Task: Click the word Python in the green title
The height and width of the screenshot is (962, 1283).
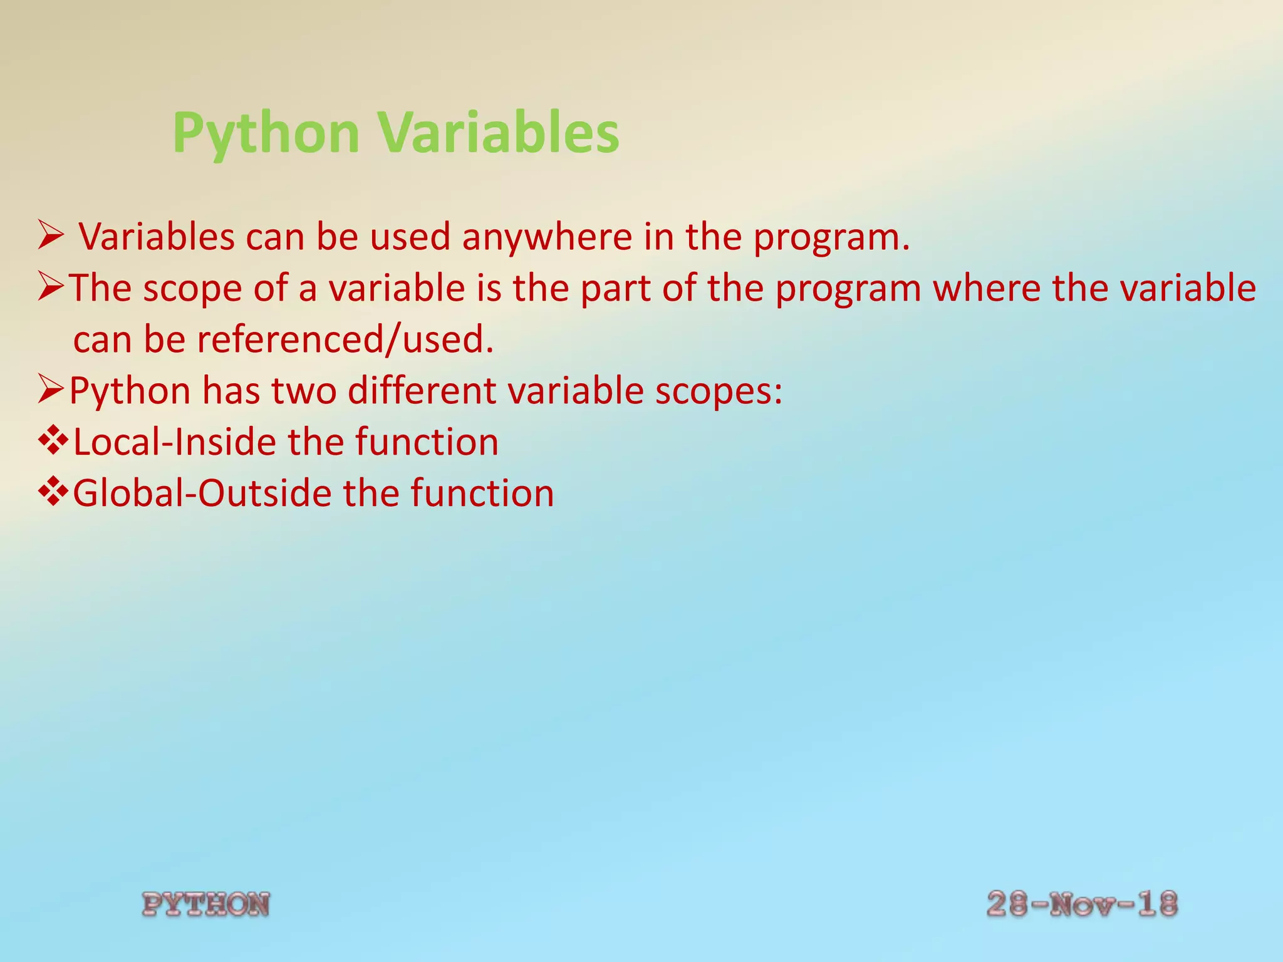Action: (266, 133)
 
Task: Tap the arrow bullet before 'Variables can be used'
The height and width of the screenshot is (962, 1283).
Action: (50, 235)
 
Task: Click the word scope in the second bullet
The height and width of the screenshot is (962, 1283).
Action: (192, 289)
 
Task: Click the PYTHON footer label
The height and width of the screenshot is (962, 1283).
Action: (206, 904)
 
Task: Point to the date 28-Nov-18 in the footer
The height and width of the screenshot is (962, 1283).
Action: (1082, 904)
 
